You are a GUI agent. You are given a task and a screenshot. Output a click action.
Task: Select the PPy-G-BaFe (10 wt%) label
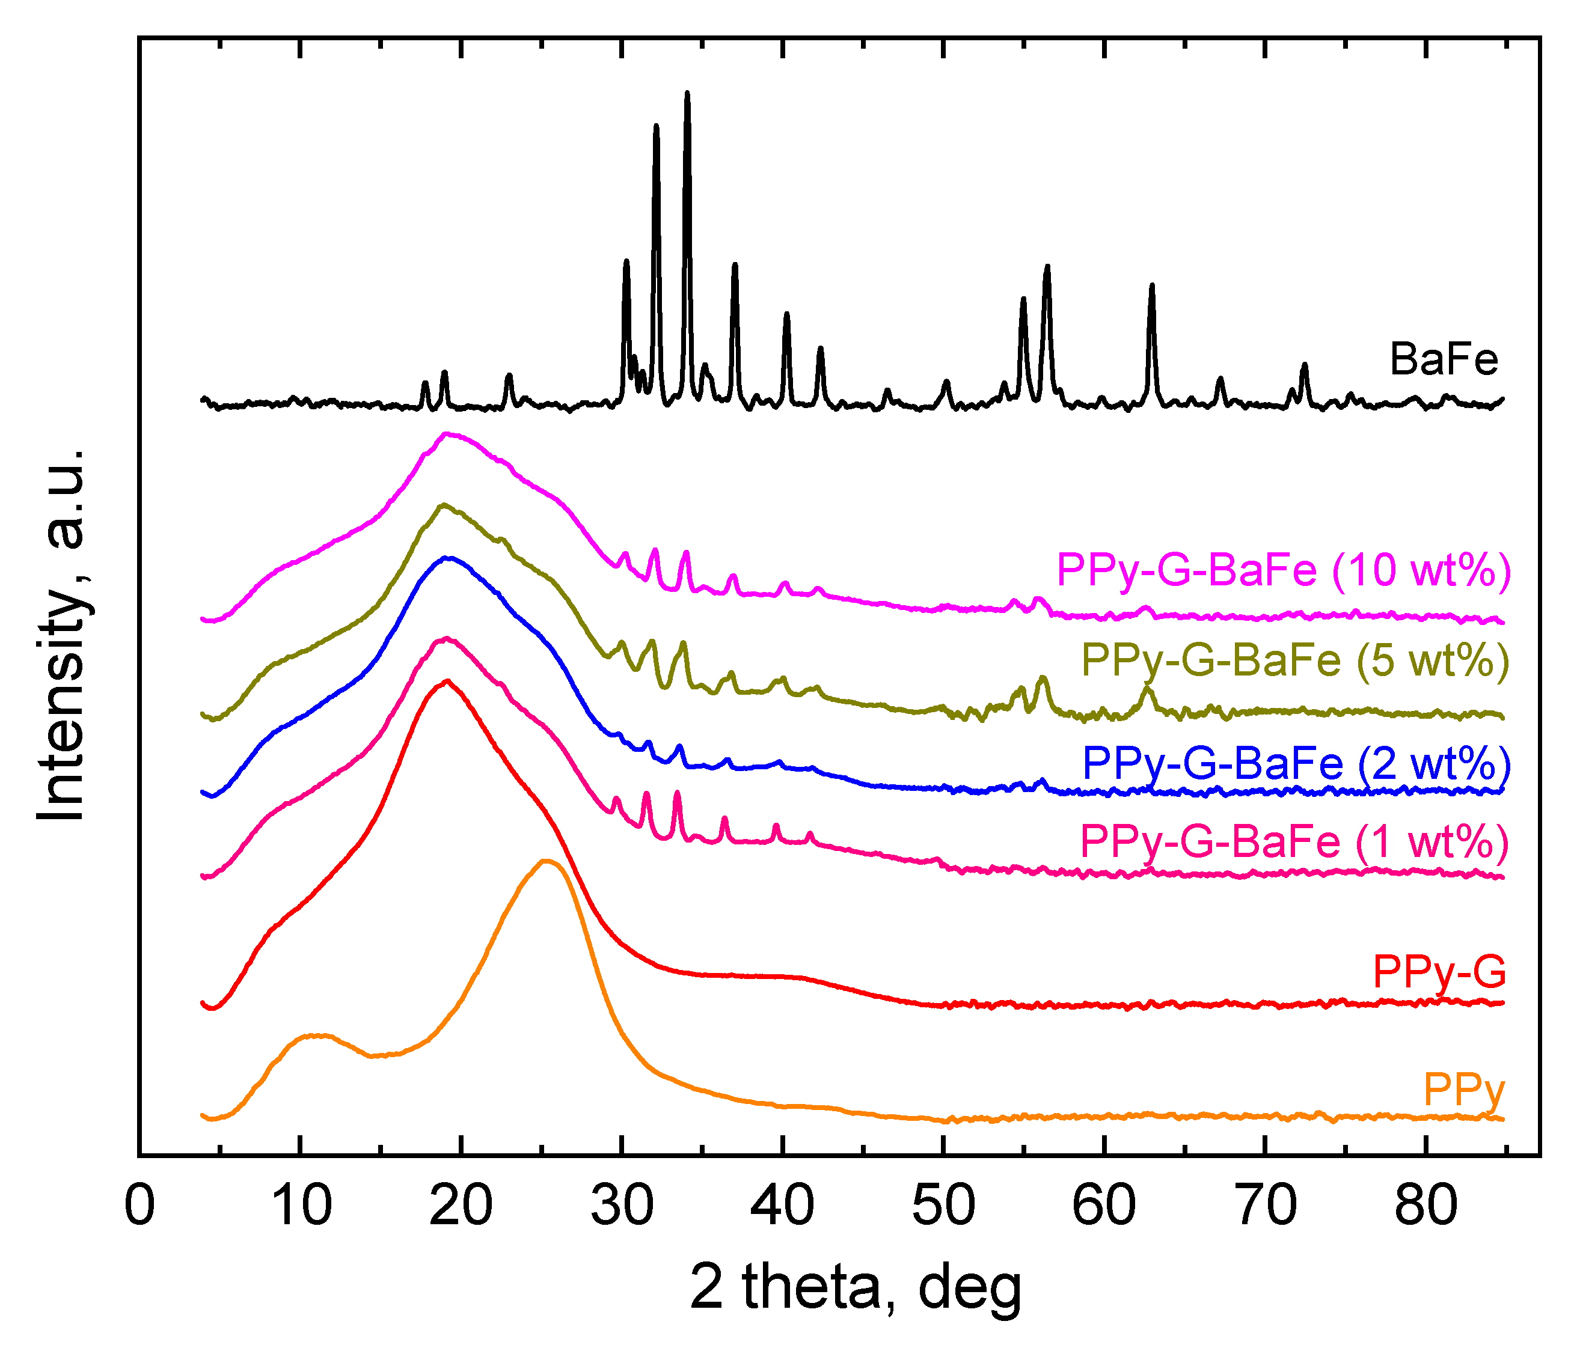[1283, 570]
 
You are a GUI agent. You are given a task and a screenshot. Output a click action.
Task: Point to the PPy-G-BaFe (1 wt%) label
[1294, 841]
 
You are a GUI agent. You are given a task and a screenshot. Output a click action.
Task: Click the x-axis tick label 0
[139, 1204]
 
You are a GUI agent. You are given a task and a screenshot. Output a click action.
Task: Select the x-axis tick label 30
[622, 1204]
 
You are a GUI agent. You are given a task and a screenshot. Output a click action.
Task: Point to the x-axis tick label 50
[943, 1204]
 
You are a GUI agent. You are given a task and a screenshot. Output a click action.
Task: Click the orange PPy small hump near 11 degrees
[315, 1035]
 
